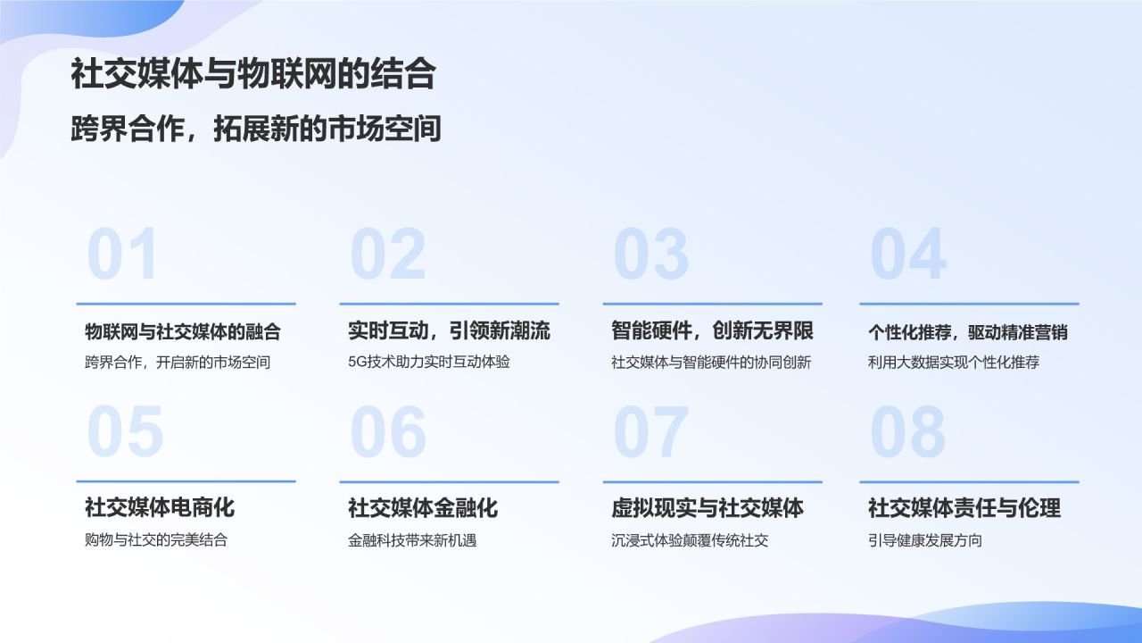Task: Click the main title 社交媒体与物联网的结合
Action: coord(252,74)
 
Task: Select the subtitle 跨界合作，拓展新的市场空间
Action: coord(256,129)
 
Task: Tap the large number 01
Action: coord(123,255)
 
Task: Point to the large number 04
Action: coord(907,255)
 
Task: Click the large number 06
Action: coord(388,432)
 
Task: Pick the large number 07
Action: coord(651,432)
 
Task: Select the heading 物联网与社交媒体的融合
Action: coord(183,332)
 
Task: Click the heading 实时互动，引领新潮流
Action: coord(449,331)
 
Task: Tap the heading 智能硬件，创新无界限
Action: coord(712,331)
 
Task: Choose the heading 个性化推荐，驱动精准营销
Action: coord(968,332)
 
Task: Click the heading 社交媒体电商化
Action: coord(160,508)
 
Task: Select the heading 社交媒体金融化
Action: coord(423,508)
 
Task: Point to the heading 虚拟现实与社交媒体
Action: coord(708,508)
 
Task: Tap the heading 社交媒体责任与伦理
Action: coord(964,508)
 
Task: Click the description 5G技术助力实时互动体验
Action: coord(429,363)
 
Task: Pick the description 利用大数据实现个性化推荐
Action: coord(954,363)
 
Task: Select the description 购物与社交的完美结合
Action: coord(156,540)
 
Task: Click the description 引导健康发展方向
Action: coord(925,540)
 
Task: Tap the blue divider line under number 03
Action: coord(712,304)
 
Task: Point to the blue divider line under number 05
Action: coord(186,481)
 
